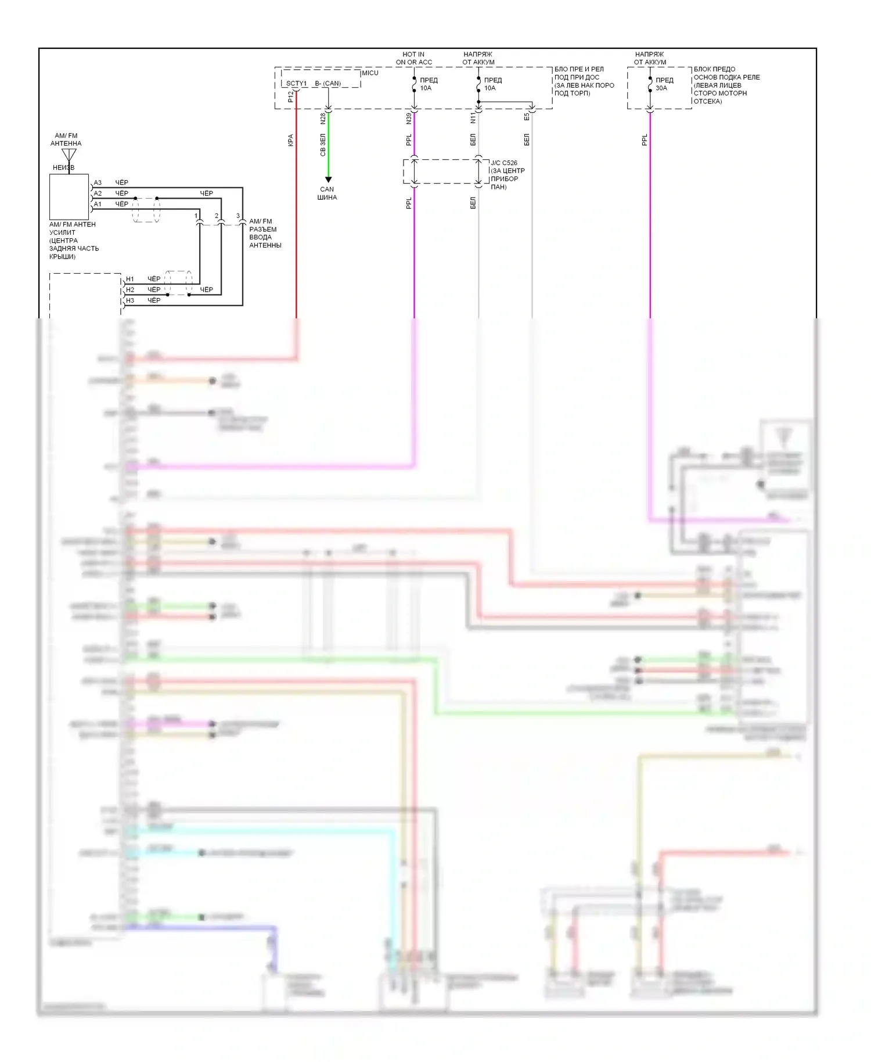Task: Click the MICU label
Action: pyautogui.click(x=370, y=73)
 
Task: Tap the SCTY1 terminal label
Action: pyautogui.click(x=296, y=84)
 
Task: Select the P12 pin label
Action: pyautogui.click(x=291, y=97)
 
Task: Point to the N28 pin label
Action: pyautogui.click(x=323, y=119)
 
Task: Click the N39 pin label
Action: pyautogui.click(x=409, y=119)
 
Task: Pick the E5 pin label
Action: pyautogui.click(x=527, y=117)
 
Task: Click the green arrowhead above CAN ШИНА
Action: pyautogui.click(x=328, y=180)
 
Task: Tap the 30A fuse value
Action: pyautogui.click(x=661, y=88)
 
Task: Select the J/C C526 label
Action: pyautogui.click(x=504, y=163)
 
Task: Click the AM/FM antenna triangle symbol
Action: pyautogui.click(x=69, y=155)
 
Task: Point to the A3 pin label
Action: pyautogui.click(x=98, y=183)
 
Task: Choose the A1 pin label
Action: pyautogui.click(x=98, y=204)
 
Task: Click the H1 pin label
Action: pyautogui.click(x=130, y=279)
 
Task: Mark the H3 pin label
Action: pyautogui.click(x=130, y=301)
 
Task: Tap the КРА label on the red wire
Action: pyautogui.click(x=291, y=140)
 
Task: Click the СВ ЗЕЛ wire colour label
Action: pyautogui.click(x=323, y=145)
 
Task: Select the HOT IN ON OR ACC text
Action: pyautogui.click(x=413, y=58)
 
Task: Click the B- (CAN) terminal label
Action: pyautogui.click(x=327, y=84)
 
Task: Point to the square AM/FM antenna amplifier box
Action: pyautogui.click(x=69, y=196)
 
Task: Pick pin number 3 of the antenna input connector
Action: pyautogui.click(x=238, y=216)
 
